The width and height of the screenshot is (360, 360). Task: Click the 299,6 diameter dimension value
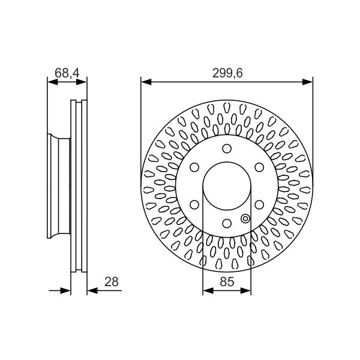[227, 73]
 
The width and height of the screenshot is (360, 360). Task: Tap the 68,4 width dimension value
[67, 73]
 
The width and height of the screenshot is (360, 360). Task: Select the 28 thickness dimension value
[112, 282]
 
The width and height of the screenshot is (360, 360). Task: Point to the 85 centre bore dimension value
[227, 282]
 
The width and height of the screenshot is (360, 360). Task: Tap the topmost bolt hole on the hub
[227, 149]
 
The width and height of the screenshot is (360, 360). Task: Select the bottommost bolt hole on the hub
[227, 223]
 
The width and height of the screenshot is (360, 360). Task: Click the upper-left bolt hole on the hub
[194, 167]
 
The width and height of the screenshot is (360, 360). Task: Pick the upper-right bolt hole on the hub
[259, 167]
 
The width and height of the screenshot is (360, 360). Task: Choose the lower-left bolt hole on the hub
[194, 205]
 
